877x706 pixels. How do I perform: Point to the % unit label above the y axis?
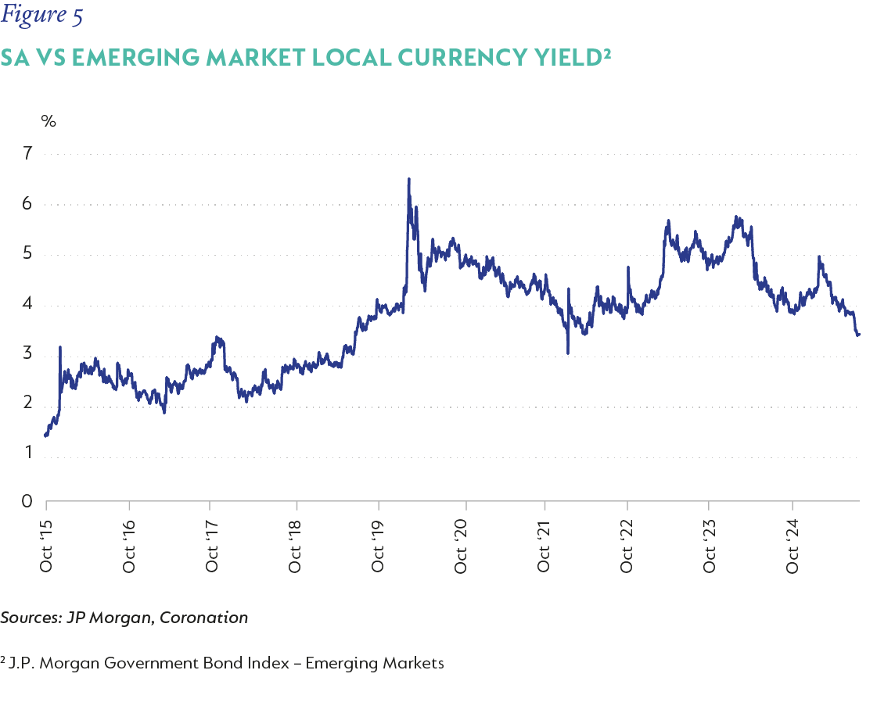pos(49,120)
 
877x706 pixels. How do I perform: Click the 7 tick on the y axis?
pos(28,154)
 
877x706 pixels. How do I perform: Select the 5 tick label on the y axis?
pos(28,255)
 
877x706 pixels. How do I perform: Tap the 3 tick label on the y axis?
pos(28,354)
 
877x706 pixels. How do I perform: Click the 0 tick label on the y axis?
pos(28,501)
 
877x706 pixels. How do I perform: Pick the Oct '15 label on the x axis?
pos(46,544)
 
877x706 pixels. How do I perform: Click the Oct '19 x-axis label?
pos(378,544)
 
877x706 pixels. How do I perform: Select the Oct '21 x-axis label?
pos(544,544)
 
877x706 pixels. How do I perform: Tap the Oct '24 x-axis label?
pos(793,544)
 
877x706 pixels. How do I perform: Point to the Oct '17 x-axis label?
pos(212,544)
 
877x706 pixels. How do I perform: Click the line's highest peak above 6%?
pos(408,179)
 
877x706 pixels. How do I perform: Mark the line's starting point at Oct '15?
pos(46,435)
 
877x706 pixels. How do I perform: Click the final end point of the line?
pos(859,335)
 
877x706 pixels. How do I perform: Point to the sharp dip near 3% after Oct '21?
pos(567,353)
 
